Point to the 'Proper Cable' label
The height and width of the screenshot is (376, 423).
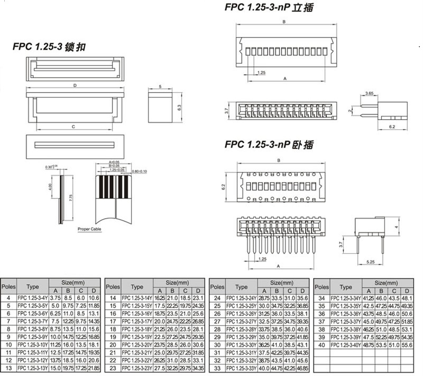pyautogui.click(x=89, y=229)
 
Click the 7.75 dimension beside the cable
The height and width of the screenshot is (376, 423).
pyautogui.click(x=71, y=196)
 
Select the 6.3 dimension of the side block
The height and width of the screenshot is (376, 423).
pyautogui.click(x=179, y=106)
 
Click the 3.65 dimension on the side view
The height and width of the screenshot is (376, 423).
pyautogui.click(x=370, y=94)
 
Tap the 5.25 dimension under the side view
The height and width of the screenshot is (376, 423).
pyautogui.click(x=371, y=261)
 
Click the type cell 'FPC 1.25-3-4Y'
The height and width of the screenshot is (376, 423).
pyautogui.click(x=33, y=298)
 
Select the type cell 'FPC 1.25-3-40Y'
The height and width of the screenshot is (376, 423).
pyautogui.click(x=346, y=345)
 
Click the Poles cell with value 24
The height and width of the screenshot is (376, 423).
pyautogui.click(x=217, y=298)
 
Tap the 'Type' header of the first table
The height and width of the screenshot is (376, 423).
pyautogui.click(x=33, y=287)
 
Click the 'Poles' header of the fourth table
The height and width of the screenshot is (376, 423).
pyautogui.click(x=321, y=287)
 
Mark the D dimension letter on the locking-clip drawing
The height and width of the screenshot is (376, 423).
pyautogui.click(x=75, y=85)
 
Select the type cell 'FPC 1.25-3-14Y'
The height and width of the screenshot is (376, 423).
pyautogui.click(x=137, y=298)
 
